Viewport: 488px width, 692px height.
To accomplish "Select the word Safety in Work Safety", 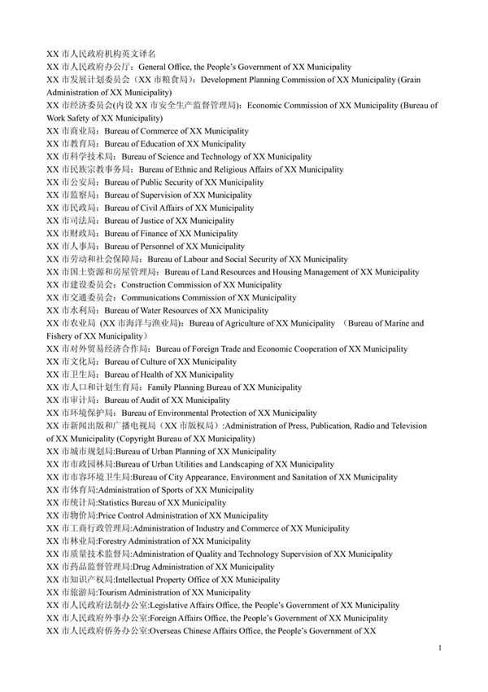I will pyautogui.click(x=76, y=118).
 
